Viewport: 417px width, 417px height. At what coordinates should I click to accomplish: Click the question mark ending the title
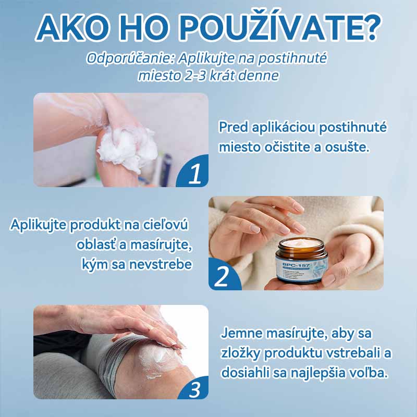[x=368, y=28]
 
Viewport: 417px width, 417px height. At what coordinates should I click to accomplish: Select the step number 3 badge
[x=194, y=388]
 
